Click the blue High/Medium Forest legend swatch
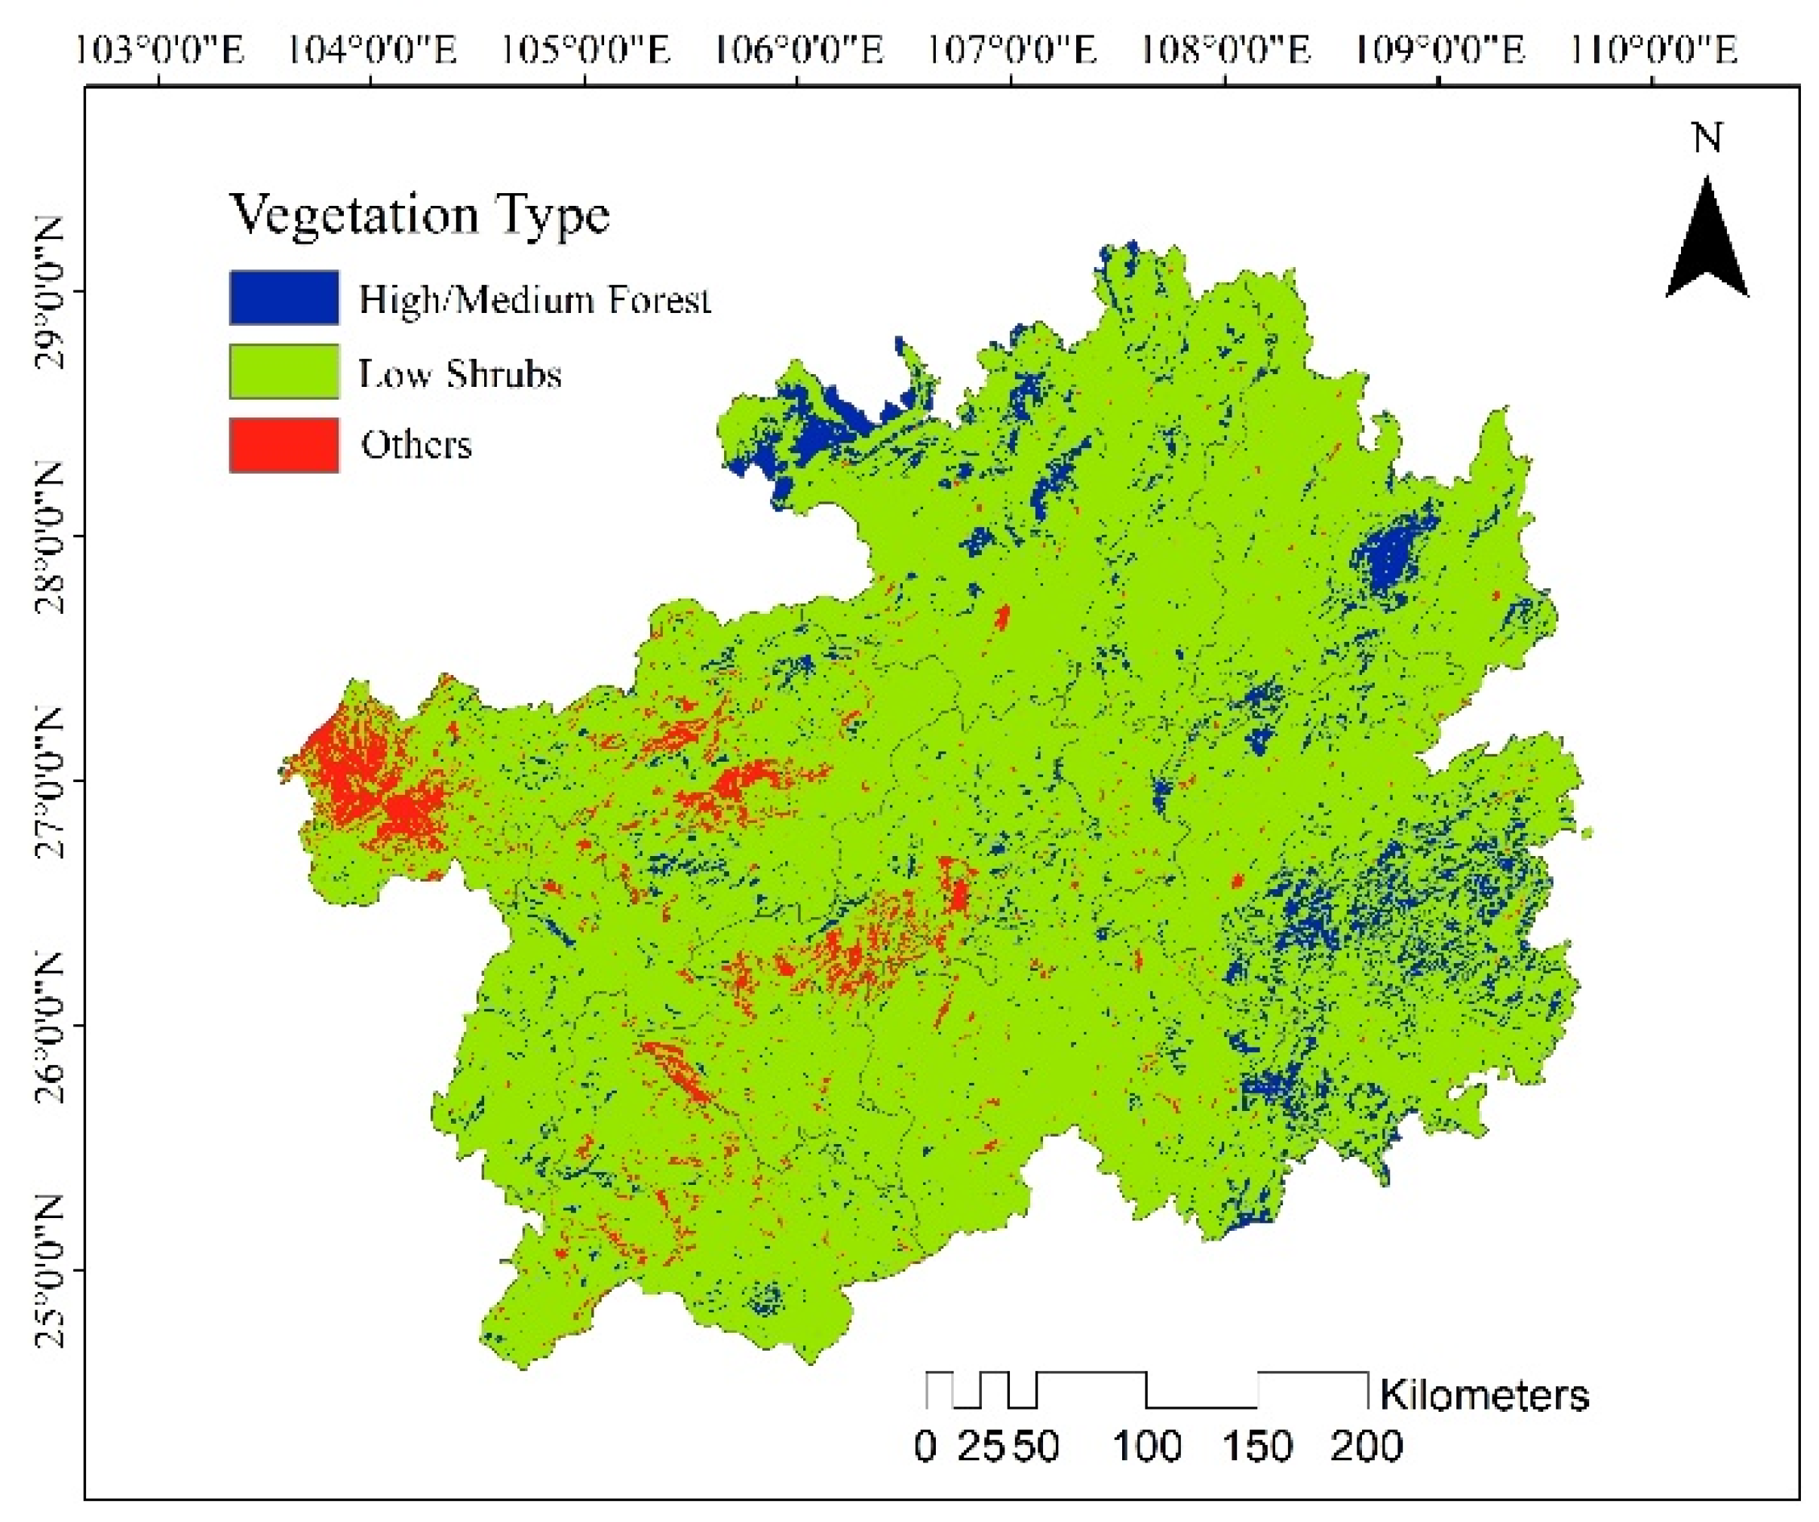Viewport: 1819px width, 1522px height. tap(284, 298)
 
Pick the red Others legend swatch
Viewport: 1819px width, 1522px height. tap(284, 445)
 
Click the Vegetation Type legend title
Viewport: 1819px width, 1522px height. tap(419, 214)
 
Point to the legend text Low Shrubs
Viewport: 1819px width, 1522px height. tap(460, 374)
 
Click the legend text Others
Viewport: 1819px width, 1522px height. tap(416, 445)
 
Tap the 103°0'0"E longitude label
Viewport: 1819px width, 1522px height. tap(160, 51)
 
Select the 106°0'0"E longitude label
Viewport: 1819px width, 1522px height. tap(799, 51)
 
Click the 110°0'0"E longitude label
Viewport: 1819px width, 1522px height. tap(1652, 51)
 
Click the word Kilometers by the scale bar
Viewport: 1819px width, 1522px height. tap(1484, 1395)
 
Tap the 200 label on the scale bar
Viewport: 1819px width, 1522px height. tap(1366, 1447)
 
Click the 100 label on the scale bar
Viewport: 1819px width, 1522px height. tap(1147, 1447)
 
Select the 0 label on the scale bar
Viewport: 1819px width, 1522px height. tap(925, 1447)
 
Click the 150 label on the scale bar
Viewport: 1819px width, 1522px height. tap(1258, 1447)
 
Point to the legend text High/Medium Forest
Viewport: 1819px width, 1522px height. tap(535, 299)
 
